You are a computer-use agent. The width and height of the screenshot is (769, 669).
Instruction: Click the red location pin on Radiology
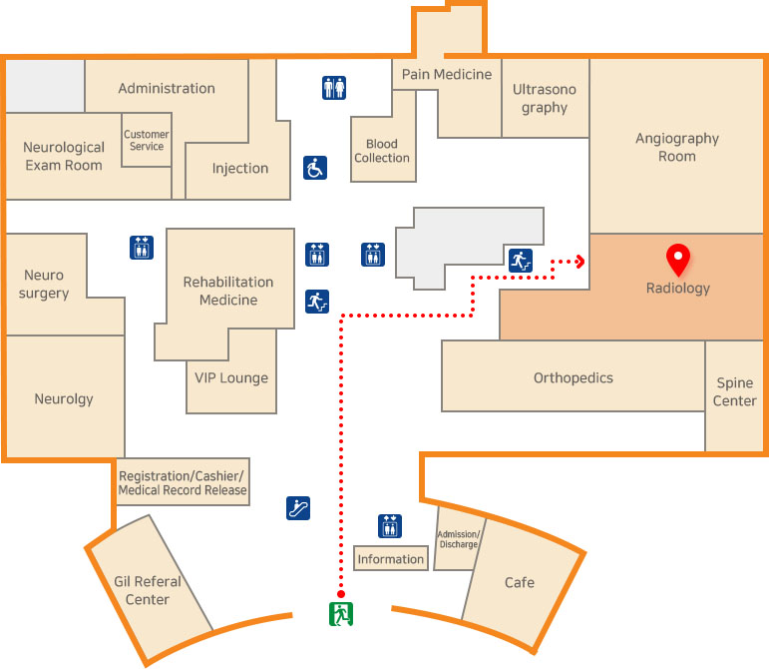(678, 259)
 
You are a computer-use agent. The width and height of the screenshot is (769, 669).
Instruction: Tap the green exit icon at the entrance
(341, 613)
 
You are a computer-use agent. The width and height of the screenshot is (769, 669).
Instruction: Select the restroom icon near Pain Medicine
(334, 88)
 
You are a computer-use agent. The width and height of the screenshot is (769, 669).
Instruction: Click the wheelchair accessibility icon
(315, 168)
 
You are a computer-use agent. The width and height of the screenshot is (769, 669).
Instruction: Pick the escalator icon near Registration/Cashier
(297, 507)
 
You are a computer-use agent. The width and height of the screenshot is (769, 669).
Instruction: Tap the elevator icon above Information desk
(390, 526)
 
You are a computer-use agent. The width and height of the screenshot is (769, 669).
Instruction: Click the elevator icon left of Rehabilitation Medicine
(141, 247)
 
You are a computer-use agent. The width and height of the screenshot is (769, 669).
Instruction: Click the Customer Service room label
(147, 141)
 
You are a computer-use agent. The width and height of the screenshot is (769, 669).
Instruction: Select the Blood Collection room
(382, 151)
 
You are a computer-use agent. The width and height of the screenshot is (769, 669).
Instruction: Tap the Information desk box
(391, 559)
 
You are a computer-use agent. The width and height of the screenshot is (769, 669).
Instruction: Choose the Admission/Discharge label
(459, 539)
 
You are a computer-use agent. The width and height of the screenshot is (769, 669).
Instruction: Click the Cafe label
(519, 582)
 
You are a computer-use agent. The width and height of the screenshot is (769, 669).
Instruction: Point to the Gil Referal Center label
(148, 590)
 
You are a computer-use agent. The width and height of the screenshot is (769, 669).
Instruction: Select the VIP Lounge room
(232, 377)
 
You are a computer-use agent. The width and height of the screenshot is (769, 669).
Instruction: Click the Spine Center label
(735, 392)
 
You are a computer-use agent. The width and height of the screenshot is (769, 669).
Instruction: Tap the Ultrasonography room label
(545, 98)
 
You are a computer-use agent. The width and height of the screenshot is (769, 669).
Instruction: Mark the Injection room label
(240, 168)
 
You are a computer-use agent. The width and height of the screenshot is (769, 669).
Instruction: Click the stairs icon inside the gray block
(519, 261)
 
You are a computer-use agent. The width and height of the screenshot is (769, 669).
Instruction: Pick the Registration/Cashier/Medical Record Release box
(183, 482)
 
